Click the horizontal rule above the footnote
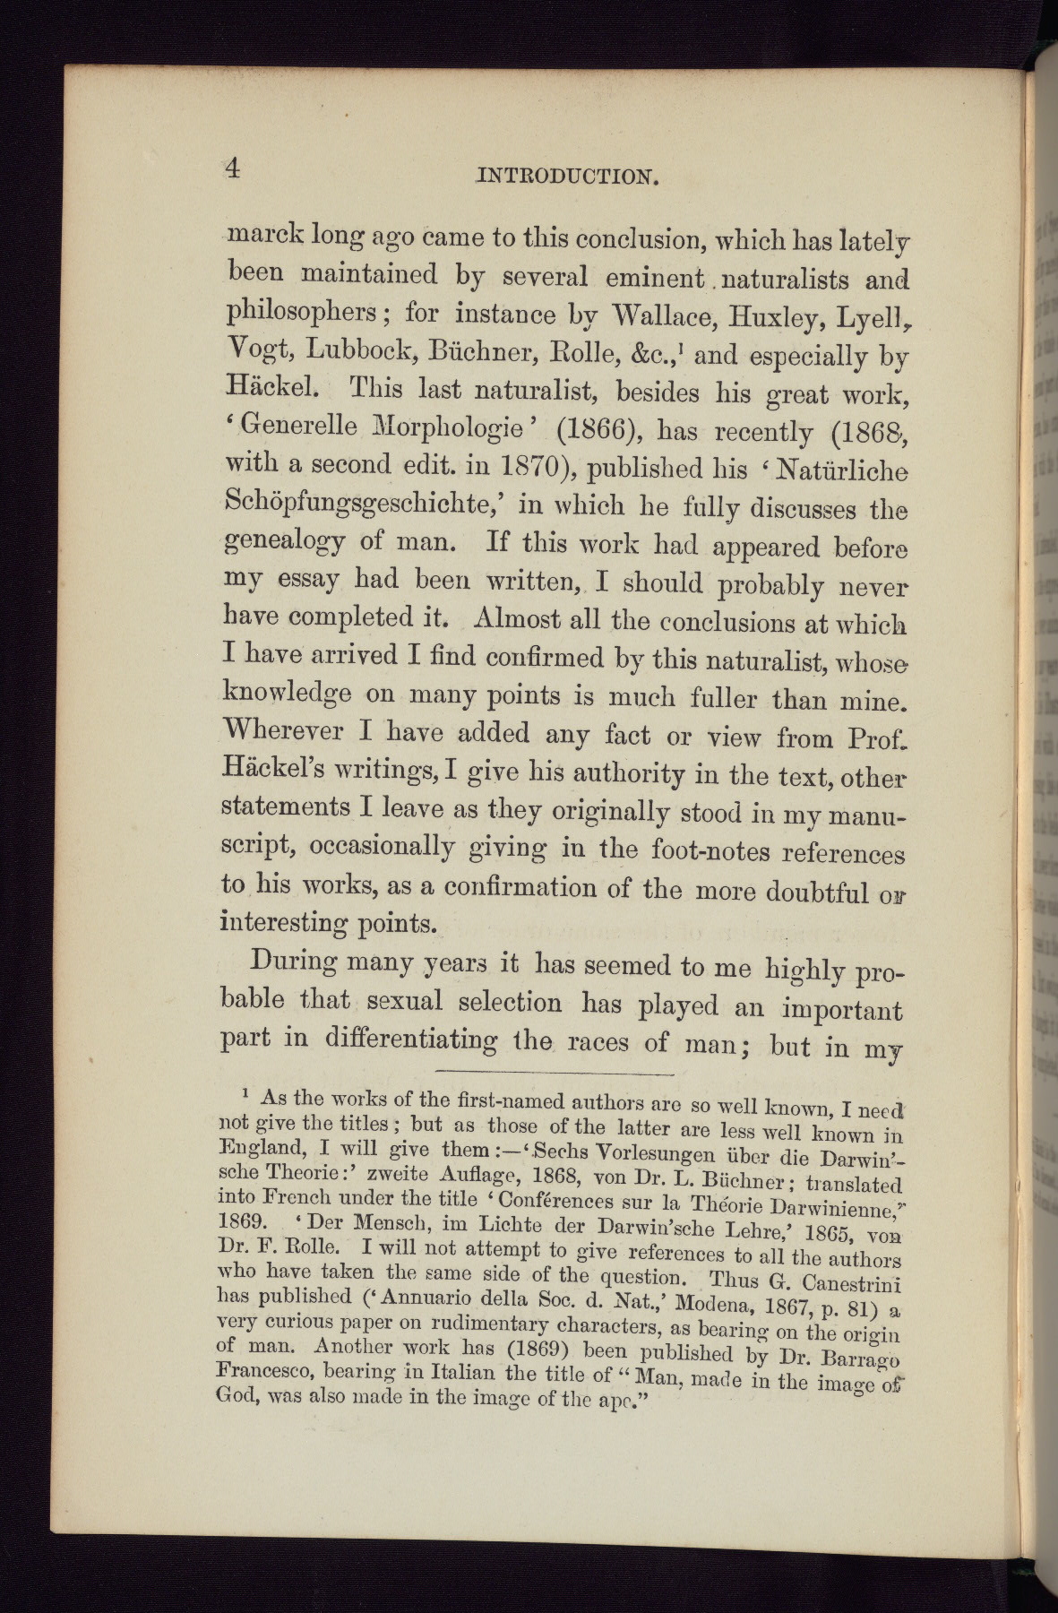(552, 1073)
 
